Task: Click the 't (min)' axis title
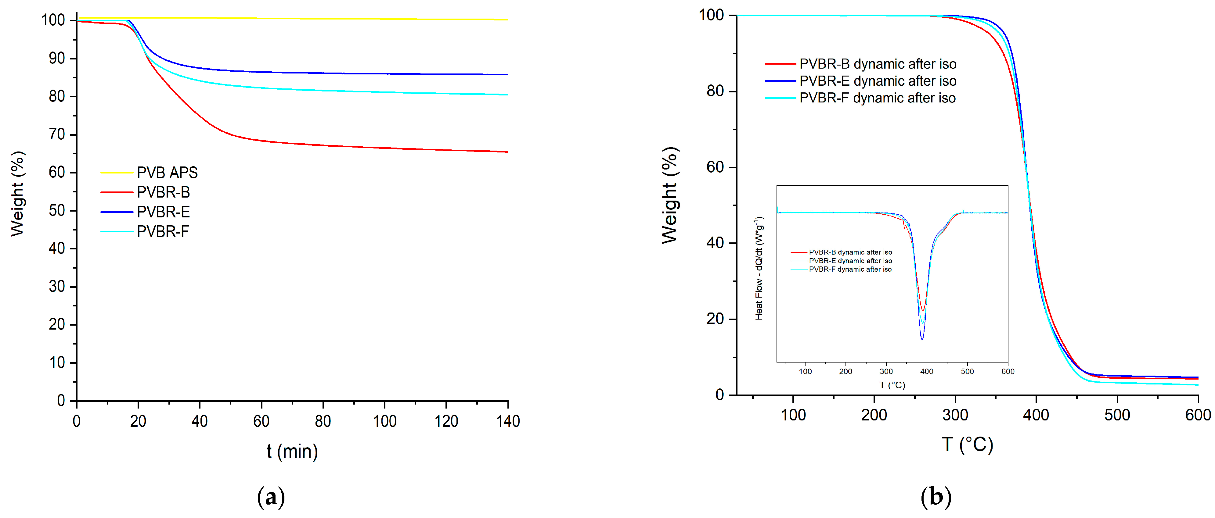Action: click(x=292, y=452)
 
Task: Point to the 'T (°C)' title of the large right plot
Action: click(x=967, y=445)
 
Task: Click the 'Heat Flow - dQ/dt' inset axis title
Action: click(x=759, y=268)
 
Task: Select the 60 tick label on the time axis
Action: click(x=261, y=421)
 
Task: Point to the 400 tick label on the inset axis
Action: click(x=926, y=371)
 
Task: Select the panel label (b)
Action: click(x=936, y=497)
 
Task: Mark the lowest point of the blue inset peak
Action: click(x=922, y=339)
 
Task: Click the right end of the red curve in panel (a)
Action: click(x=507, y=152)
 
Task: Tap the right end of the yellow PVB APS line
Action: click(x=507, y=20)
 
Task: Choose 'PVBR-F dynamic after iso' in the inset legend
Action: click(x=850, y=269)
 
